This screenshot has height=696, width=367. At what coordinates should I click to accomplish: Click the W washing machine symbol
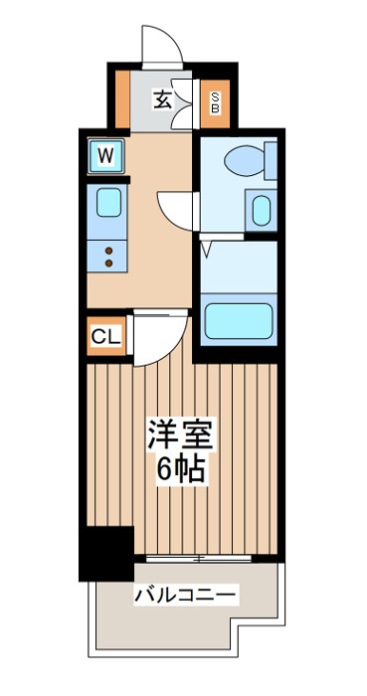[105, 156]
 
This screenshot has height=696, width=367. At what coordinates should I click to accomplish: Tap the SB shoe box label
[215, 103]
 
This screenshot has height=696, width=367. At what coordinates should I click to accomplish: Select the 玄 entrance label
[162, 99]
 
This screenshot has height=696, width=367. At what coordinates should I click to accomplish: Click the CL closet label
[105, 337]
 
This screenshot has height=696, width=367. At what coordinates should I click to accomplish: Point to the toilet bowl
[244, 160]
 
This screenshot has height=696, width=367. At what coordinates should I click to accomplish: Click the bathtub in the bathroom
[239, 320]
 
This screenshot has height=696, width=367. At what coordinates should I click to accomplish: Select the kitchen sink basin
[108, 203]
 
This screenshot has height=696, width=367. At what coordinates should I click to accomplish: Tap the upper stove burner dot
[108, 252]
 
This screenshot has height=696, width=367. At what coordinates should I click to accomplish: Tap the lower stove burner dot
[108, 263]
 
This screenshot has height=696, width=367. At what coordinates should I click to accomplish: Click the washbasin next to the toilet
[262, 211]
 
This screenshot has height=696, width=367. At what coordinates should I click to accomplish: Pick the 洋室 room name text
[181, 435]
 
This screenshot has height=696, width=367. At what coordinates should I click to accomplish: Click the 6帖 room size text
[181, 468]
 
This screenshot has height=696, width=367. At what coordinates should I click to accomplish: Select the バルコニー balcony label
[185, 594]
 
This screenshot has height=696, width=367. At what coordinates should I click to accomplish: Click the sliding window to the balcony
[198, 558]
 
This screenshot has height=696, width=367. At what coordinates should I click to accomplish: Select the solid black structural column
[106, 554]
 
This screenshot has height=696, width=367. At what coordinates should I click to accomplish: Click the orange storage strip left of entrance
[122, 99]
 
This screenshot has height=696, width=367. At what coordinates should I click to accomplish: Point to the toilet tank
[271, 161]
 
